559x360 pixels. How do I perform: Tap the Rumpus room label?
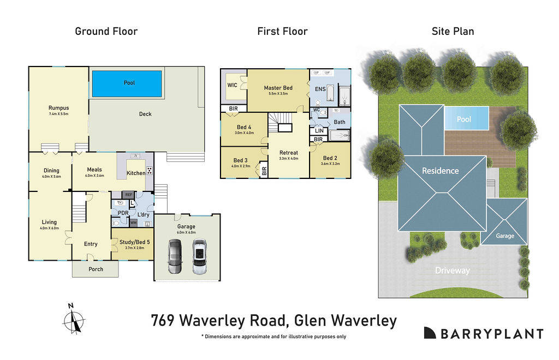(x=58, y=108)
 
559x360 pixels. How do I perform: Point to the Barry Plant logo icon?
(x=430, y=333)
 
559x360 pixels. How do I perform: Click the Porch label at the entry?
(x=95, y=269)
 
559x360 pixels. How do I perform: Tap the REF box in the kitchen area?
(x=129, y=194)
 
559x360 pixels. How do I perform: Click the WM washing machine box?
(x=133, y=223)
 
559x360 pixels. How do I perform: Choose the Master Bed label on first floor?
(x=278, y=88)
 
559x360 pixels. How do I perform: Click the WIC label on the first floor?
(x=232, y=85)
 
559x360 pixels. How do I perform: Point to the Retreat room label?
(x=288, y=153)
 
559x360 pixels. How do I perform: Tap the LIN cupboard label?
(x=319, y=131)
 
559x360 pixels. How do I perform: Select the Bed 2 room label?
(x=330, y=158)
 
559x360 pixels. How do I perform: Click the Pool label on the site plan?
(x=463, y=118)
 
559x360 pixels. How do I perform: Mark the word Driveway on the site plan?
(x=452, y=271)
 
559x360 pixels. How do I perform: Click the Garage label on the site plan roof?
(x=505, y=236)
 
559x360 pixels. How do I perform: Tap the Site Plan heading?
(x=453, y=31)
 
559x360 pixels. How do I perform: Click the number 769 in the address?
(x=163, y=321)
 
